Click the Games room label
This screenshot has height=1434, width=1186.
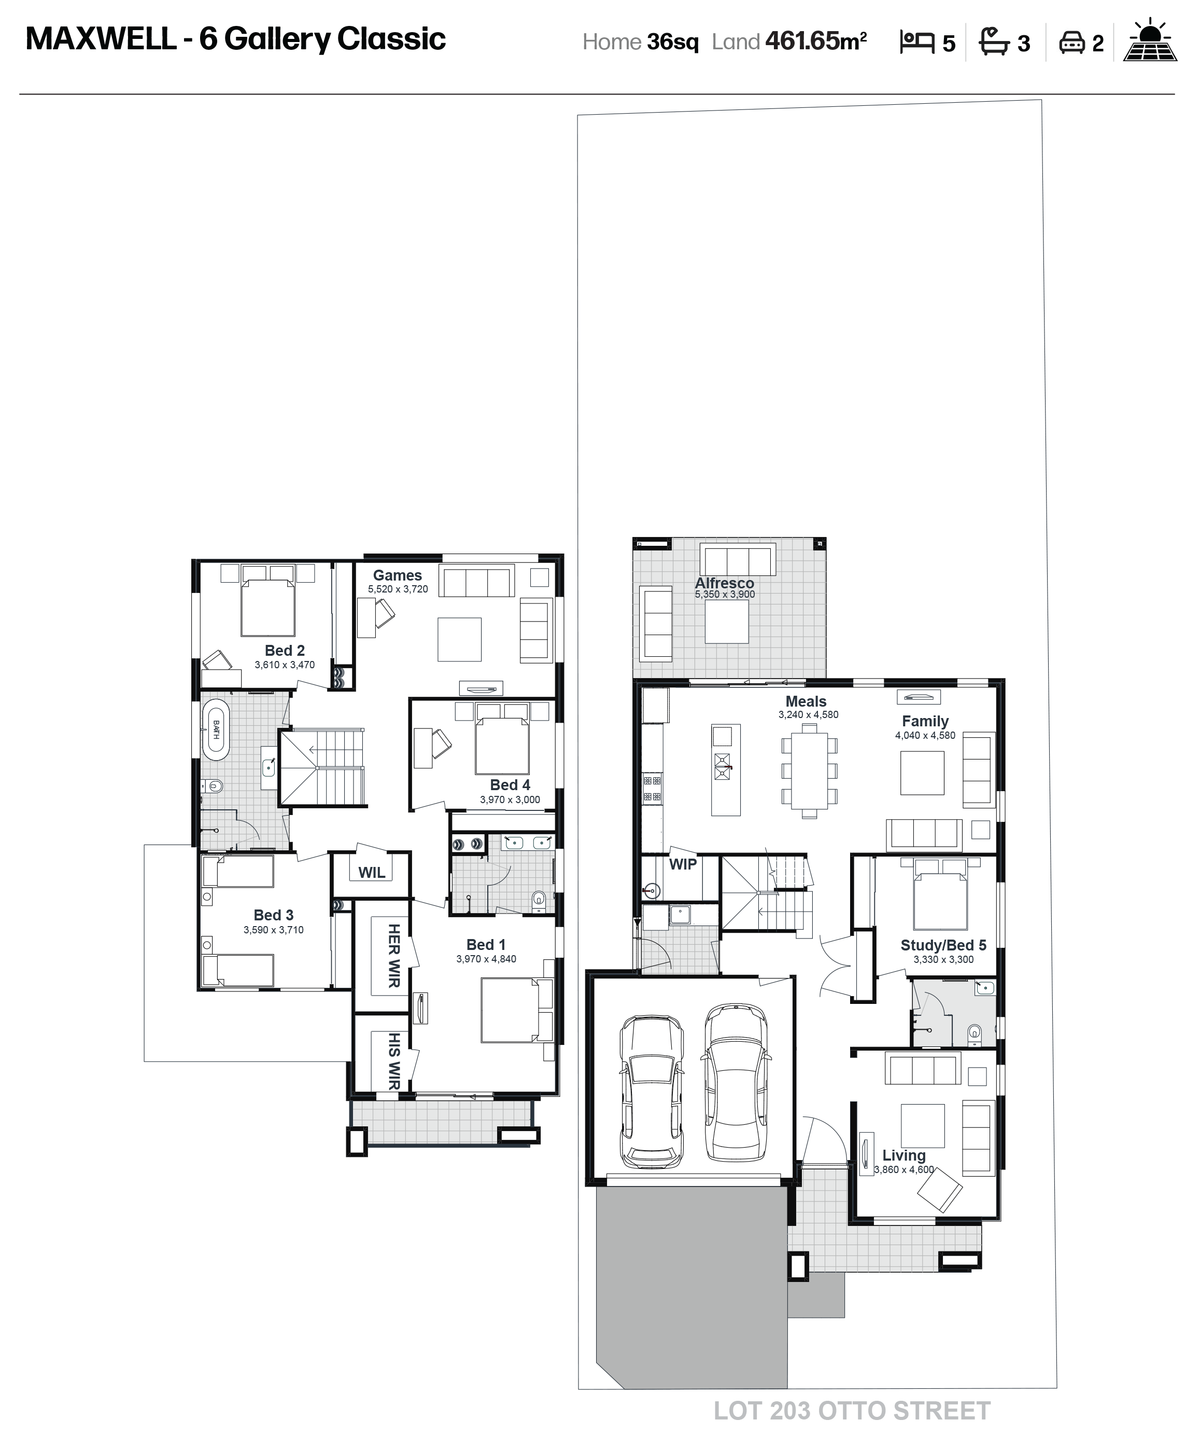pos(397,575)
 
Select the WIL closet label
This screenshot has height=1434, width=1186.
pos(372,872)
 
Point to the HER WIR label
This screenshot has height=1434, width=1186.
pos(394,955)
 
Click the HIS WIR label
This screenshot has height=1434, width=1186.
pos(394,1060)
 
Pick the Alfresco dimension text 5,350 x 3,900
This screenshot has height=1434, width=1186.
pos(725,594)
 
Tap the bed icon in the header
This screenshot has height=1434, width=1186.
pos(916,43)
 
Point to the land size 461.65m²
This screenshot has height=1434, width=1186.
pos(816,41)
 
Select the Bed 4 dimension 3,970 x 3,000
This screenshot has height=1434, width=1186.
pos(510,799)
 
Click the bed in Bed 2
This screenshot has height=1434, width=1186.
pos(268,607)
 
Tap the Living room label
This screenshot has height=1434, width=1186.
pos(904,1155)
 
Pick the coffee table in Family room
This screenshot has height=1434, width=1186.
pos(922,773)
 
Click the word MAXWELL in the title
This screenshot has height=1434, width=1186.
pos(101,39)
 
